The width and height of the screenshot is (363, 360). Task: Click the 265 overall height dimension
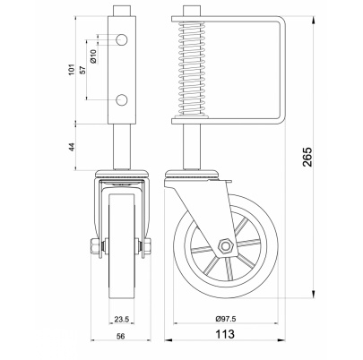[x=307, y=157]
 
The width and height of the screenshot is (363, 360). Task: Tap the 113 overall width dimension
[x=225, y=334]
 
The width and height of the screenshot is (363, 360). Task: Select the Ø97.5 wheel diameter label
[x=226, y=319]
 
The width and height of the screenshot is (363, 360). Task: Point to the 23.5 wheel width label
[x=122, y=320]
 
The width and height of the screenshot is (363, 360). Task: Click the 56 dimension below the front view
[x=121, y=337]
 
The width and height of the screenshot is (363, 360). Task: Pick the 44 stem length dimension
[x=72, y=147]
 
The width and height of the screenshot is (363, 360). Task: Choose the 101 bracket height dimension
[x=72, y=69]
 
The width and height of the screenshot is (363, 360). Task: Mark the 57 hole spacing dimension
[x=83, y=70]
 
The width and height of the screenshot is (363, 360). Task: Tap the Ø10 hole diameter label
[x=93, y=56]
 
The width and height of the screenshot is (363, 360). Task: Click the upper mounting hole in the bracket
[x=122, y=39]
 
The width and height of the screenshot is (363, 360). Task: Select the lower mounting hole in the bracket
[x=122, y=99]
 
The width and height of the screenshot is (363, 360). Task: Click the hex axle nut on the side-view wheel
[x=225, y=246]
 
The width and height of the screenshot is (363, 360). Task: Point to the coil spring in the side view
[x=191, y=69]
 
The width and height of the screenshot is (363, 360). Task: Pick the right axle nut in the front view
[x=146, y=246]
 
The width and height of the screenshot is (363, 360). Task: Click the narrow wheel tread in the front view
[x=122, y=246]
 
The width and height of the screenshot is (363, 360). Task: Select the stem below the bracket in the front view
[x=122, y=147]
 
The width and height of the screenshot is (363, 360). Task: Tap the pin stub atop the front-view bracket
[x=122, y=12]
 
